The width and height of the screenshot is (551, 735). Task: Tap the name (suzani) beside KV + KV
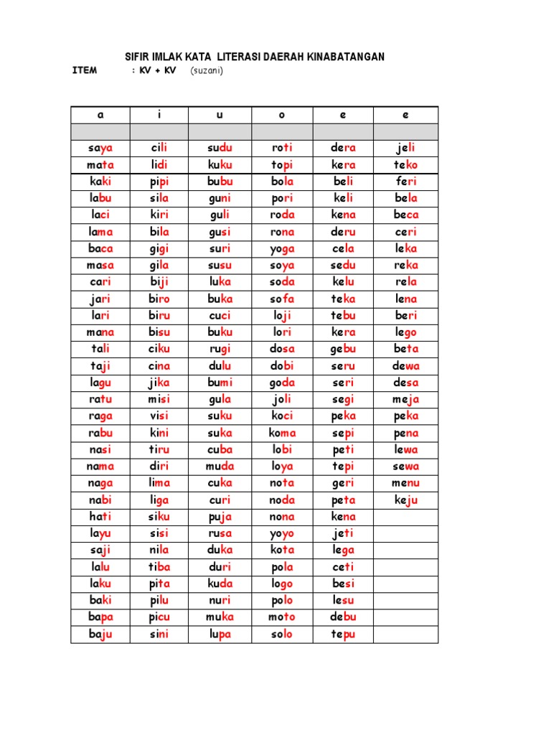pyautogui.click(x=207, y=71)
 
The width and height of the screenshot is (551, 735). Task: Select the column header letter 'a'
pyautogui.click(x=100, y=115)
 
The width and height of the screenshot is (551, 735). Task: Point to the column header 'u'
pyautogui.click(x=220, y=115)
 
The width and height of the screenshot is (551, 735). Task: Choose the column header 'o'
pyautogui.click(x=282, y=115)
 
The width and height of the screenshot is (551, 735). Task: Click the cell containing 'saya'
pyautogui.click(x=100, y=148)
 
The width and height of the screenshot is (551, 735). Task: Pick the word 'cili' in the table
pyautogui.click(x=159, y=148)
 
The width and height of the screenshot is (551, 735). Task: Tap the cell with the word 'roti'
pyautogui.click(x=282, y=148)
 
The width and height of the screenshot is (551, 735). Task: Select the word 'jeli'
pyautogui.click(x=405, y=148)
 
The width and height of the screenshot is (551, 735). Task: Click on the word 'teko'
pyautogui.click(x=405, y=164)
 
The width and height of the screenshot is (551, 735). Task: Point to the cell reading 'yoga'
pyautogui.click(x=282, y=248)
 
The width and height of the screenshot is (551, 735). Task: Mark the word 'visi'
pyautogui.click(x=159, y=416)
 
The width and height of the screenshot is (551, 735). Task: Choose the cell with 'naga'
pyautogui.click(x=100, y=483)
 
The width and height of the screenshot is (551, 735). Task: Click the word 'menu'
pyautogui.click(x=405, y=483)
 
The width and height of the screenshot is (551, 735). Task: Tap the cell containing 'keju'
pyautogui.click(x=405, y=500)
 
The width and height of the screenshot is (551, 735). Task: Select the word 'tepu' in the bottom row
pyautogui.click(x=344, y=634)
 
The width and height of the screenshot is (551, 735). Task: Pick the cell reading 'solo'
pyautogui.click(x=282, y=634)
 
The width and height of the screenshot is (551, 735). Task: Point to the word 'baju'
pyautogui.click(x=100, y=634)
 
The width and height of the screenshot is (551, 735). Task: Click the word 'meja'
pyautogui.click(x=405, y=399)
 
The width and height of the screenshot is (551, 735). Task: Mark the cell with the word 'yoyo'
pyautogui.click(x=282, y=533)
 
